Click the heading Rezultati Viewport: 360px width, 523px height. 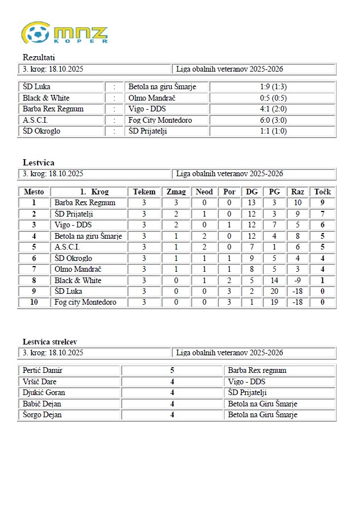click(39, 57)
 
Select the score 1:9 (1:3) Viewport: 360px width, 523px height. click(272, 87)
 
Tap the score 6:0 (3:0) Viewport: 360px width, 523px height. click(272, 120)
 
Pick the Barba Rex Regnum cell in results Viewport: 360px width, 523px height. click(53, 109)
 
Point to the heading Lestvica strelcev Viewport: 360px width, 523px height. click(50, 342)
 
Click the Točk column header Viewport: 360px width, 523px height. click(322, 192)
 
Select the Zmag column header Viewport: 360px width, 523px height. click(176, 192)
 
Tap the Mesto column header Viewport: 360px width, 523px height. click(34, 192)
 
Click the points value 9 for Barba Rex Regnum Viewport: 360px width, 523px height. click(322, 202)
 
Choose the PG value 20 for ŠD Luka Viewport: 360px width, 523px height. click(274, 291)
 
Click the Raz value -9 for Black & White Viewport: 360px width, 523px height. click(297, 280)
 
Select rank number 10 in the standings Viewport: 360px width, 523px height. click(34, 302)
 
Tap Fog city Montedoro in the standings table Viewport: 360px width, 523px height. click(85, 302)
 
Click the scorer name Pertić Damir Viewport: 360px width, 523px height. click(43, 370)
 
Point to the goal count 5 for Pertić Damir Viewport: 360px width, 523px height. click(172, 370)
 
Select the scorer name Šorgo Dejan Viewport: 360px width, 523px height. click(42, 414)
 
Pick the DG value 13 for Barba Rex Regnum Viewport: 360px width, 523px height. click(251, 202)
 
